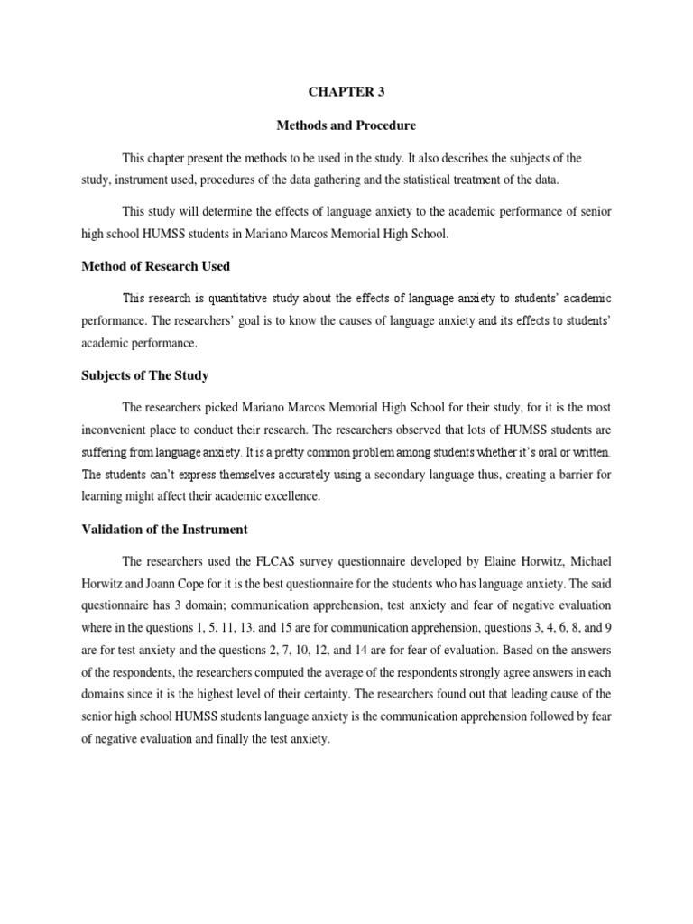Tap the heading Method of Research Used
[155, 265]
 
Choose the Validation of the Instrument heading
[164, 529]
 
